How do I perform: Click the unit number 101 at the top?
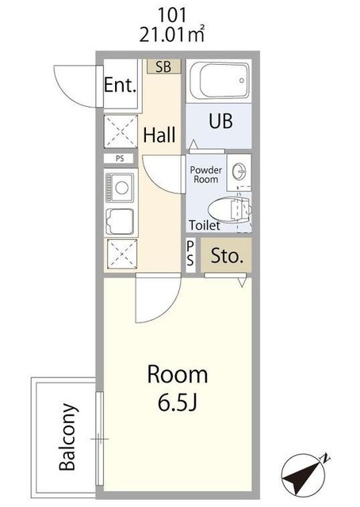pyautogui.click(x=172, y=15)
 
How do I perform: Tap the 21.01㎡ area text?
pyautogui.click(x=172, y=34)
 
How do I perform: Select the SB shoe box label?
pyautogui.click(x=163, y=67)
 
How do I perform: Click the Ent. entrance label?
pyautogui.click(x=120, y=85)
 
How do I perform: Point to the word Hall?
pyautogui.click(x=159, y=135)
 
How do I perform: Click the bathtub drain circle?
pyautogui.click(x=242, y=81)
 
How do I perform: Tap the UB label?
pyautogui.click(x=220, y=121)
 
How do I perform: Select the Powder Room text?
pyautogui.click(x=206, y=174)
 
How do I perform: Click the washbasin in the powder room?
pyautogui.click(x=240, y=170)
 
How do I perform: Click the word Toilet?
pyautogui.click(x=205, y=225)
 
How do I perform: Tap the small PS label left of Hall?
pyautogui.click(x=120, y=158)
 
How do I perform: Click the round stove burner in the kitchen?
pyautogui.click(x=122, y=188)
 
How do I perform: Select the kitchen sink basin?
pyautogui.click(x=120, y=222)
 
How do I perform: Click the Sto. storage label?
pyautogui.click(x=227, y=256)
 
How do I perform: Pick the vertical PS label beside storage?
pyautogui.click(x=190, y=253)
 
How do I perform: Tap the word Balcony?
pyautogui.click(x=68, y=436)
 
